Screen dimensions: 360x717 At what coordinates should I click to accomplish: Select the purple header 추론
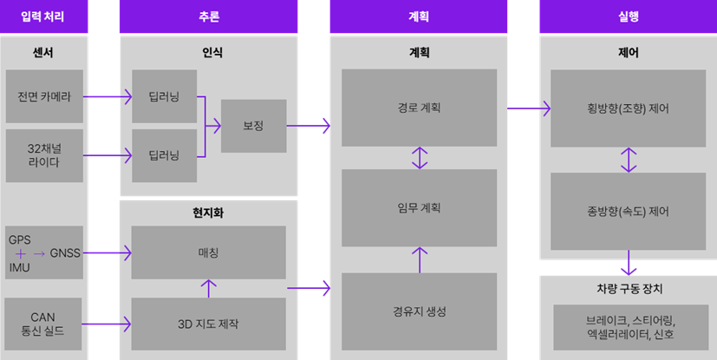pos(208,16)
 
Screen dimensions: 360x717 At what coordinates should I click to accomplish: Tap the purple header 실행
pos(628,16)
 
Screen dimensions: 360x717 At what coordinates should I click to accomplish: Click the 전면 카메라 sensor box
pos(44,96)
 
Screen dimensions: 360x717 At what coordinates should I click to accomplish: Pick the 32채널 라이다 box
pos(44,155)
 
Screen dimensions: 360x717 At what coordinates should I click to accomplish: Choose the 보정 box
pos(253,127)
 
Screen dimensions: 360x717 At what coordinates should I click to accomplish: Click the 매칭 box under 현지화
pos(208,252)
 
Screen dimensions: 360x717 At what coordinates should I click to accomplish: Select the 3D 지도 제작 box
pos(208,324)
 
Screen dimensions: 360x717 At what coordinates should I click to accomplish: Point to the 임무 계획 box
pos(419,208)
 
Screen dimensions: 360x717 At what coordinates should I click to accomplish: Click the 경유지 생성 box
pos(419,311)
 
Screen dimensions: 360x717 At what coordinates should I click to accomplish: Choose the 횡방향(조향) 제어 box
pos(628,109)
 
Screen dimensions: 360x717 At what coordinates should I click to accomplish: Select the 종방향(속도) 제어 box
pos(628,211)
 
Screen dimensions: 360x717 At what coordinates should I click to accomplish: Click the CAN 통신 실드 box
pos(44,324)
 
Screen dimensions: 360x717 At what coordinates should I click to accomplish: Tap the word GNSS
pos(65,253)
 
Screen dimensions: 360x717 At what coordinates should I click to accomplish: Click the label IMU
pos(19,268)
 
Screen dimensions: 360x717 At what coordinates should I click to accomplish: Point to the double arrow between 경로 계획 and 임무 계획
pos(420,158)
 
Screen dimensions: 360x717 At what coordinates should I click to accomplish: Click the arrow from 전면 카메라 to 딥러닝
pos(108,96)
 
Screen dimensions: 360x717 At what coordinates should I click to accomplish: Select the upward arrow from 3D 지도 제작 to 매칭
pos(208,287)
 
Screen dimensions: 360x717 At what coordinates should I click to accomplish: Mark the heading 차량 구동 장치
pos(628,289)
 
